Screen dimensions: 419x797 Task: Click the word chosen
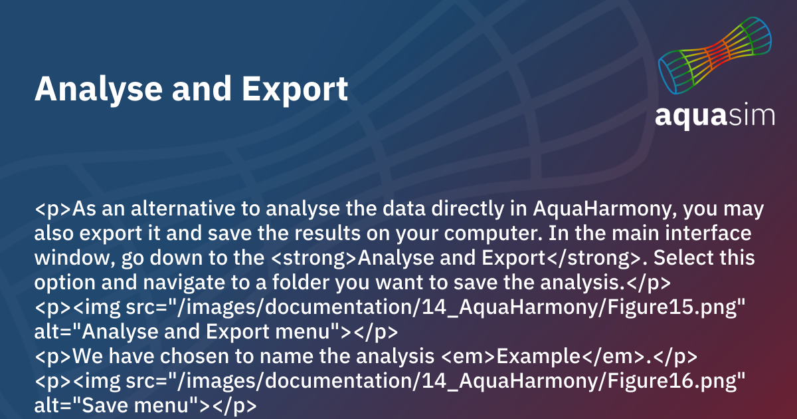point(192,356)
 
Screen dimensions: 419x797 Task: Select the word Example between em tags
point(539,356)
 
